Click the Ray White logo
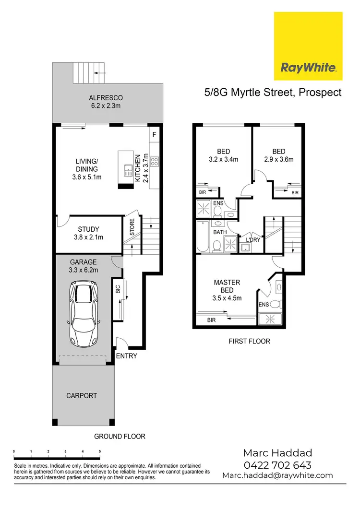(x=308, y=47)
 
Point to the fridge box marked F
(x=154, y=134)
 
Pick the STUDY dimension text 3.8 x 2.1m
(x=88, y=237)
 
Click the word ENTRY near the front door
(x=127, y=356)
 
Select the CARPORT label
(x=82, y=396)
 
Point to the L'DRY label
(x=252, y=239)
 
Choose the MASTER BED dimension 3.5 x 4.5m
(x=227, y=298)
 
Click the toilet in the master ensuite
(x=275, y=304)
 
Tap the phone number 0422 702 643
(x=277, y=465)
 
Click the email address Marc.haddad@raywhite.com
(x=277, y=475)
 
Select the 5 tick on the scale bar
(x=100, y=451)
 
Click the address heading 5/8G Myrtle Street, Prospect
(x=273, y=93)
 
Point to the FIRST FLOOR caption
(x=250, y=341)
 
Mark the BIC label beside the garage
(x=118, y=289)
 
